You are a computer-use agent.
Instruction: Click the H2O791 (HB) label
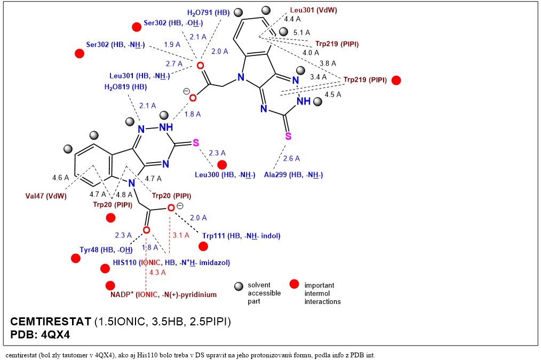208,12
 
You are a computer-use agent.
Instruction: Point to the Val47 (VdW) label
46,195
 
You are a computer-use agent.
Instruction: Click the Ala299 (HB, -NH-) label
293,174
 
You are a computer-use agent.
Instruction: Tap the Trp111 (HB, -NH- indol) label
241,235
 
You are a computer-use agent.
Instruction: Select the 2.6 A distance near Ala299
291,158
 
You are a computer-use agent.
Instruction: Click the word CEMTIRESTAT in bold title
51,322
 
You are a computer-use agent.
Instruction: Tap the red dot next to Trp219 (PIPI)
396,81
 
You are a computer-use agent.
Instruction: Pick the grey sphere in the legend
240,286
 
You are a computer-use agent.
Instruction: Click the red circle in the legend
293,284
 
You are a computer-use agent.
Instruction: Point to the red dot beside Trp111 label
203,246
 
